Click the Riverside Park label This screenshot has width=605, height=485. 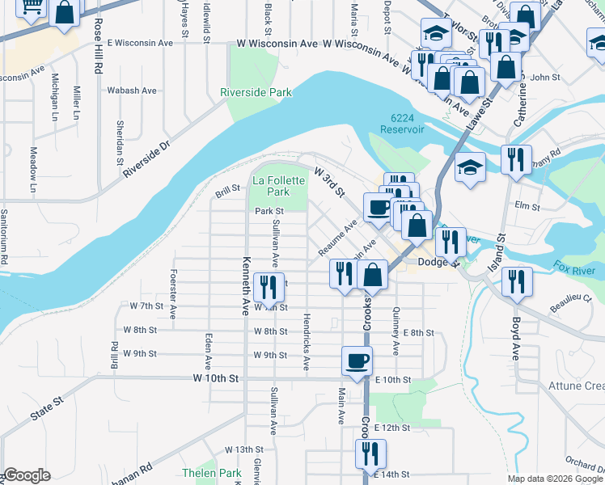(x=256, y=93)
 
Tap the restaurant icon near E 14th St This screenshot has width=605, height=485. (x=370, y=453)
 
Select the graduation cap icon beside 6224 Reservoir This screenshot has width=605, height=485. (x=470, y=167)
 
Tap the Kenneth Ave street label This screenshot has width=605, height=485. (x=244, y=286)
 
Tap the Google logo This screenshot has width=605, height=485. (x=27, y=475)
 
